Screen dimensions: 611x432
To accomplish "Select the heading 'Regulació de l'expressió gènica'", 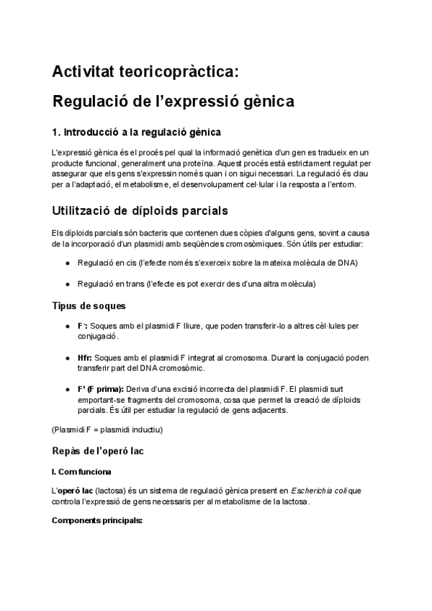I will (173, 102).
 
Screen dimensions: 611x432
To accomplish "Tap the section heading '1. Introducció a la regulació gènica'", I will (136, 133).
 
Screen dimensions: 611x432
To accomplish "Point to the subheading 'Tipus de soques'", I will (89, 306).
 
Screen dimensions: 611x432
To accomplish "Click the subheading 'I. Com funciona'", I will (81, 473).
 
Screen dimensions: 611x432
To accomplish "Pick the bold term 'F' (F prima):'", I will (100, 389).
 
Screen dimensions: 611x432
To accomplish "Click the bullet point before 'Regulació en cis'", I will (68, 264).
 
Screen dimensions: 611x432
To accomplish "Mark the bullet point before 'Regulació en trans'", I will (68, 285).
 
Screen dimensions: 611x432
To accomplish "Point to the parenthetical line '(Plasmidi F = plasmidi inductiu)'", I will (107, 430).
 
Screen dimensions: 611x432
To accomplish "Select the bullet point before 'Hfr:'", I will (68, 357).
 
